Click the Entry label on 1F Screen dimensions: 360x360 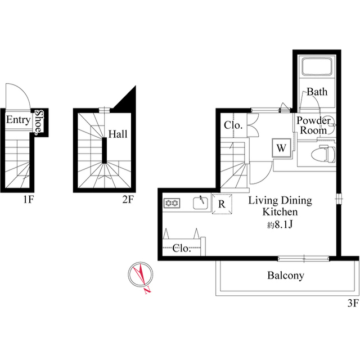[17, 120]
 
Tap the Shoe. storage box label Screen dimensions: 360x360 [38, 121]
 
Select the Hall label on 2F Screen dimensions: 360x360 [118, 134]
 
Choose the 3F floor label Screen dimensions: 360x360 [352, 304]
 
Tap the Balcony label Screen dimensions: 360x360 [285, 276]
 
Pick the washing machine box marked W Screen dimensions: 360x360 [281, 148]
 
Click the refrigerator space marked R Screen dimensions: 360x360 [222, 204]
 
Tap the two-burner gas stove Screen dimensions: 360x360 [172, 202]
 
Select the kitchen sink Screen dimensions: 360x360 [200, 202]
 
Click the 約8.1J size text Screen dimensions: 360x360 [280, 224]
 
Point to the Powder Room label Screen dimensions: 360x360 [313, 125]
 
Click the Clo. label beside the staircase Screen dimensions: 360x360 [233, 125]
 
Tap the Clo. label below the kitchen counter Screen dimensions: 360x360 [181, 247]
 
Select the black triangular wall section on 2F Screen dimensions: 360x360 [128, 98]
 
